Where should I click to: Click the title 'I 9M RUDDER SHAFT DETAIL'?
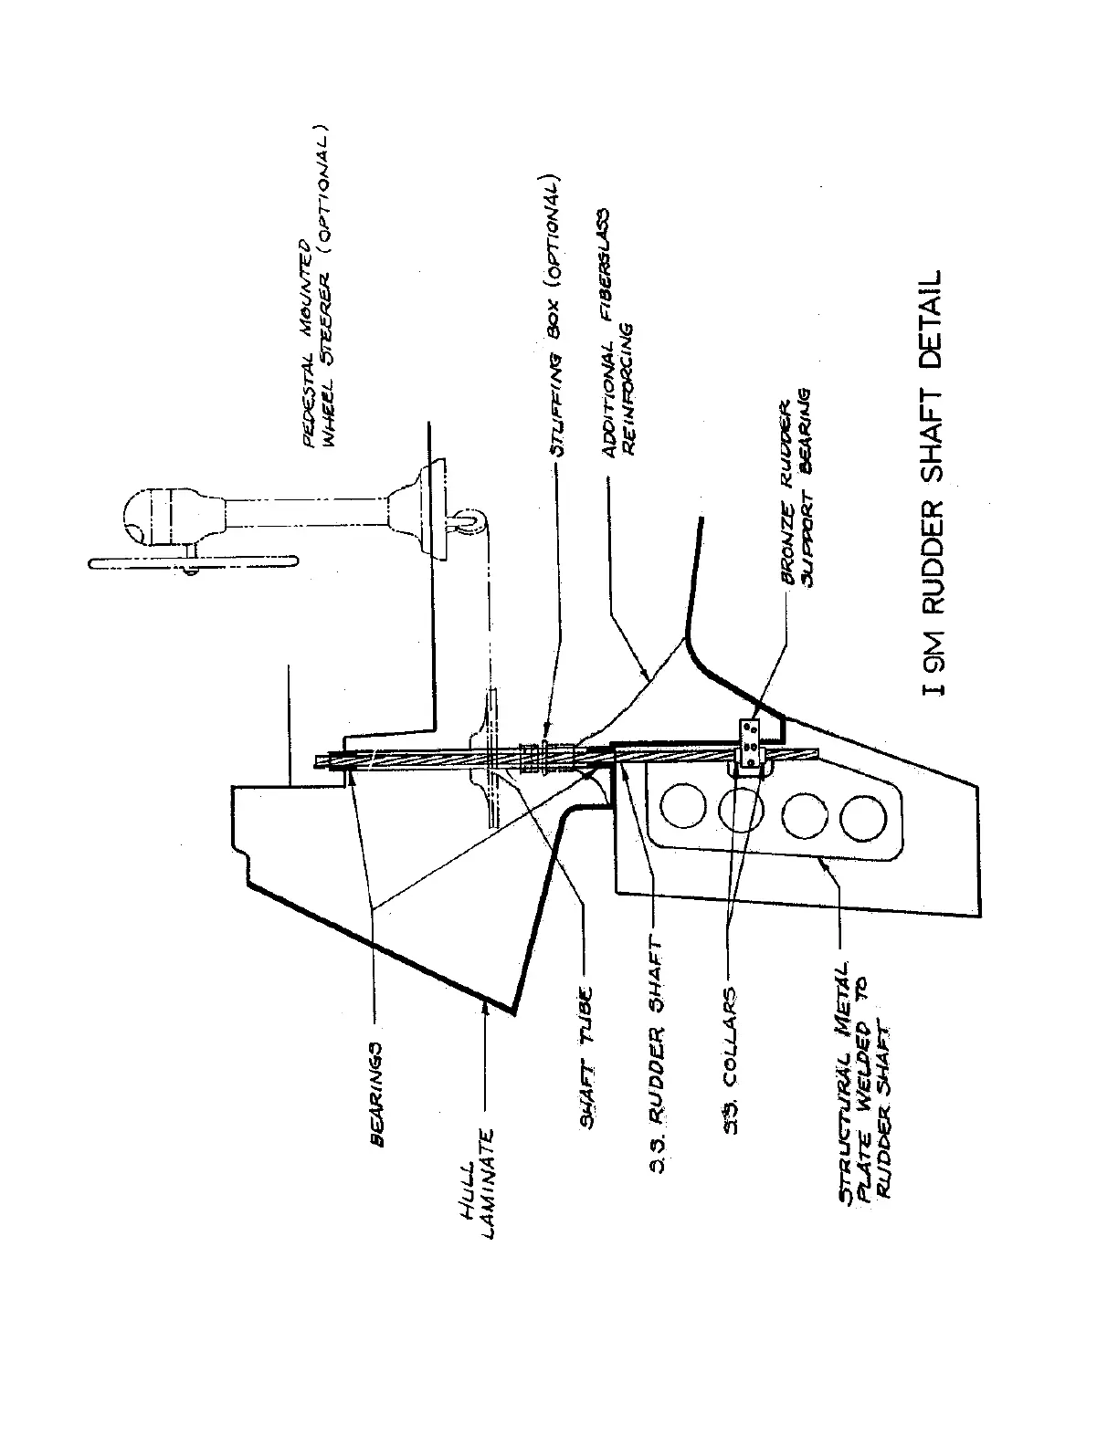(x=933, y=484)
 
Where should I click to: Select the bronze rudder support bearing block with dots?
(x=751, y=742)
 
